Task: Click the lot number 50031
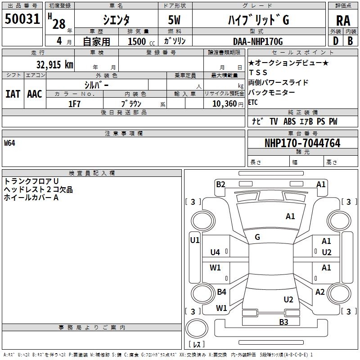click(22, 19)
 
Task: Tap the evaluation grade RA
click(343, 21)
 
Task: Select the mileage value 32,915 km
click(54, 64)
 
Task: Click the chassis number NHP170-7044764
click(302, 143)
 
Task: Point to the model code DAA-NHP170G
click(258, 41)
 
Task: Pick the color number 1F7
click(74, 104)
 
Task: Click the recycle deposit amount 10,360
click(224, 104)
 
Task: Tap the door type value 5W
click(174, 20)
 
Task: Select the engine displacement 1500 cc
click(141, 41)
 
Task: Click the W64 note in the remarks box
click(9, 143)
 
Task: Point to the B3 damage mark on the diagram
click(283, 322)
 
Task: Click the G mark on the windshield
click(257, 237)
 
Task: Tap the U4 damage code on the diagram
click(215, 252)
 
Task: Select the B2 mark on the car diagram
click(220, 184)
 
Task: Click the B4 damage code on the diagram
click(221, 292)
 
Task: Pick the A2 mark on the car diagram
click(320, 292)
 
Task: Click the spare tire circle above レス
click(197, 328)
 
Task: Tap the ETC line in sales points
click(253, 102)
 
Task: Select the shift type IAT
click(13, 94)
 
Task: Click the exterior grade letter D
click(336, 41)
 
